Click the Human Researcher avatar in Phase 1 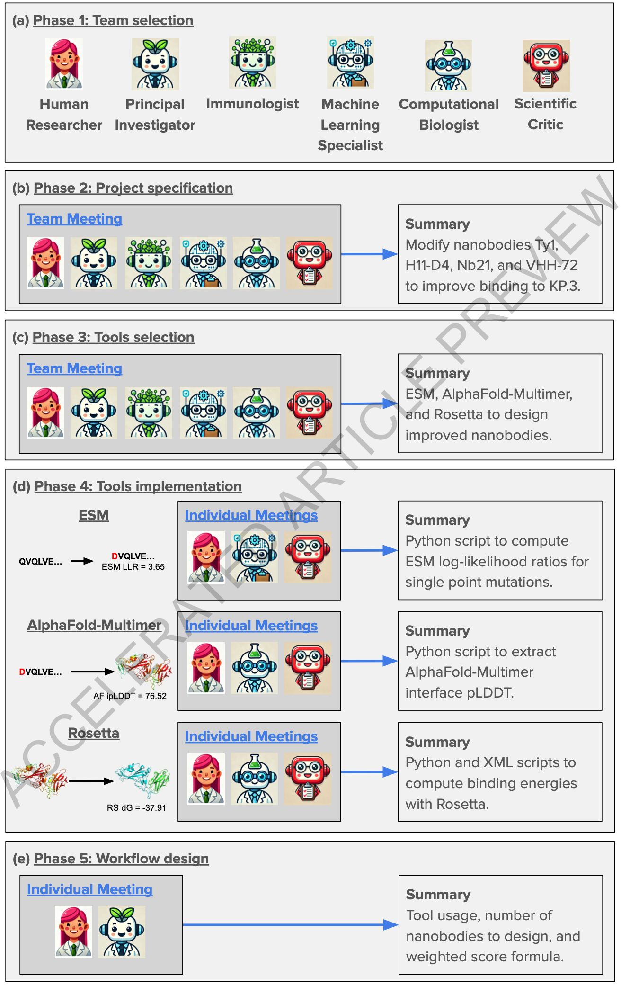(64, 63)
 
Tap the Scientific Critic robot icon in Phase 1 (546, 65)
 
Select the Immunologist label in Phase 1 (252, 104)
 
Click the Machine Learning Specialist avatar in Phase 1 (350, 63)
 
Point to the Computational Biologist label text (449, 114)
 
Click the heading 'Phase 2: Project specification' (133, 188)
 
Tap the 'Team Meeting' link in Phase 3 (74, 368)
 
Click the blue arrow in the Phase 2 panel (369, 254)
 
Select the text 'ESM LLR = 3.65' (133, 567)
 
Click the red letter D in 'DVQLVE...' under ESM (115, 556)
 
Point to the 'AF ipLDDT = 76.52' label (130, 696)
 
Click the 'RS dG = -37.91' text (136, 808)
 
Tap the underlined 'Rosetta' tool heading (94, 733)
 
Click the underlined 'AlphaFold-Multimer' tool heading (94, 625)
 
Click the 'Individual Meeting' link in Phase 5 (89, 889)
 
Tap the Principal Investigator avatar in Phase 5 (122, 932)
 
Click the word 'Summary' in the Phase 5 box (438, 895)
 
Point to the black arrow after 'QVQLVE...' (82, 561)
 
